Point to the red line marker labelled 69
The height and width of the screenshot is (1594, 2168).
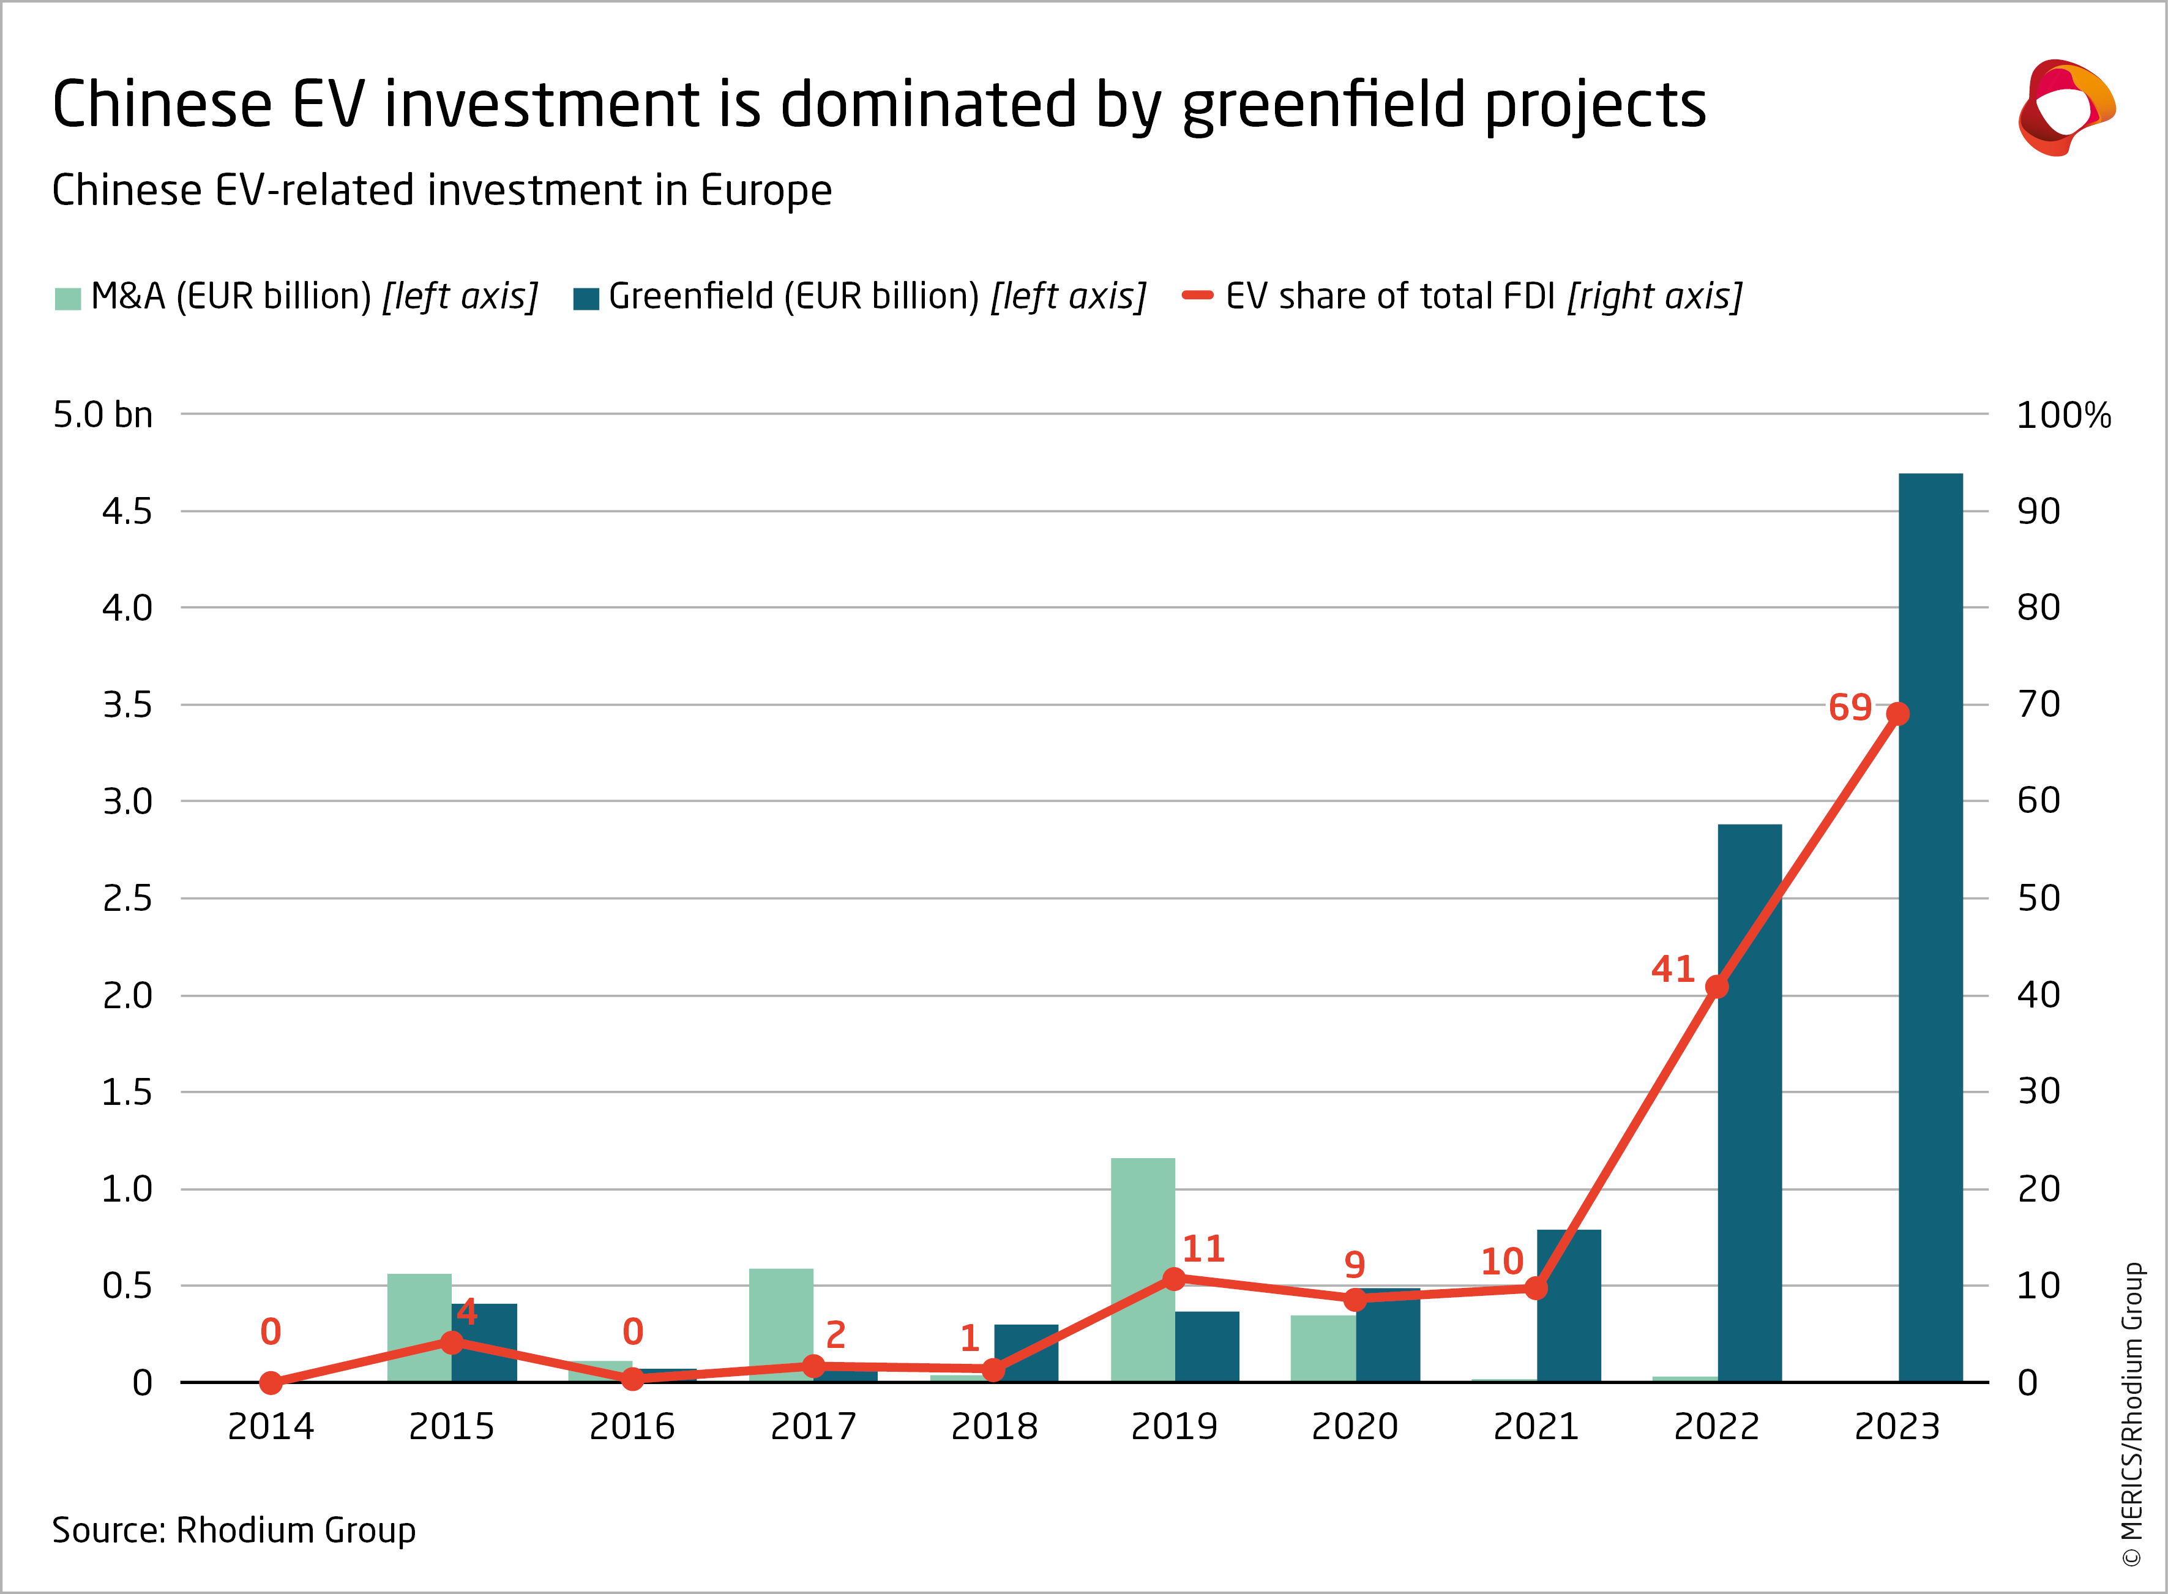click(x=1897, y=714)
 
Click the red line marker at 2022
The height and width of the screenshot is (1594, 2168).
click(x=1716, y=986)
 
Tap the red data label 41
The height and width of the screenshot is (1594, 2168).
click(x=1672, y=969)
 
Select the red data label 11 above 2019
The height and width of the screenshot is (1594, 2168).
click(x=1203, y=1249)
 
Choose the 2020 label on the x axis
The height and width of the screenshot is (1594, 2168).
click(x=1355, y=1426)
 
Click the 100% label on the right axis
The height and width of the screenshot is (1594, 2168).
click(x=2063, y=415)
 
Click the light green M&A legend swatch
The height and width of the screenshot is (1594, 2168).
click(x=67, y=298)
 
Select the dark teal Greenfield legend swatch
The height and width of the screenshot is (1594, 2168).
click(x=586, y=298)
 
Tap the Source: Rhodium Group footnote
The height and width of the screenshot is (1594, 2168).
click(x=233, y=1530)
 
